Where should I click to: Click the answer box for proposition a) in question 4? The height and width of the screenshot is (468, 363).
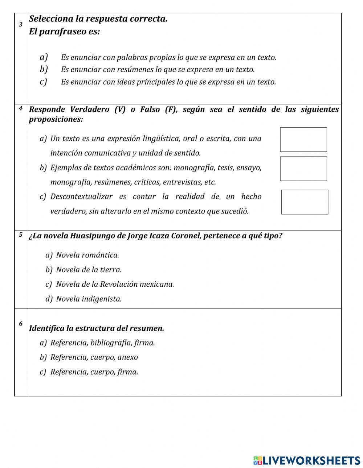[303, 140]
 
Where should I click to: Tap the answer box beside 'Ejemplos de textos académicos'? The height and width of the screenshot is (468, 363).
[303, 169]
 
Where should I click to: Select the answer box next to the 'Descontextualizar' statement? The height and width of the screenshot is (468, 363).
[305, 202]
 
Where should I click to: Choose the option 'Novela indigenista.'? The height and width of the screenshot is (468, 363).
[89, 299]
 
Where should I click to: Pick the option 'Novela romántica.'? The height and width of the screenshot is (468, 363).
[87, 255]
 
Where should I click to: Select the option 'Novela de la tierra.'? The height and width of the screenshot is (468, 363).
[89, 270]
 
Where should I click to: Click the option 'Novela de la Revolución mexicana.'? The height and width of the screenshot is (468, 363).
[115, 284]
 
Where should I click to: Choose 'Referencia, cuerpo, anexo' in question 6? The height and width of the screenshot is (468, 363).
[94, 357]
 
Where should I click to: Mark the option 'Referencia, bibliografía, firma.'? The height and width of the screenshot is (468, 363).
[102, 343]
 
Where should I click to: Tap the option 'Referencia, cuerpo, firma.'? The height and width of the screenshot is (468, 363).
[94, 372]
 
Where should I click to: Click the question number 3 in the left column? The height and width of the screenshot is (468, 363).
[21, 25]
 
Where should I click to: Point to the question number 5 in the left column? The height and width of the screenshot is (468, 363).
[21, 235]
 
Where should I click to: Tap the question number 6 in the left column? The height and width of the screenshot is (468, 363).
[21, 324]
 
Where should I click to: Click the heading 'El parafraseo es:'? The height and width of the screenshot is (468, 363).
[64, 32]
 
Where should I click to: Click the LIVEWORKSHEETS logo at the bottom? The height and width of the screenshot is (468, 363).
[307, 460]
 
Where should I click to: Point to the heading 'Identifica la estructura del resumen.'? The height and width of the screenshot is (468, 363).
[97, 328]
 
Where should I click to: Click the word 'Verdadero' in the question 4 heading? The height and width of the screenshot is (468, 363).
[89, 109]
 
